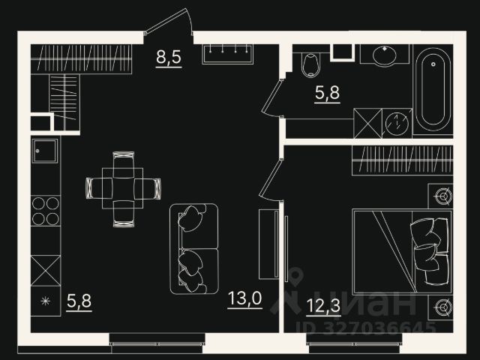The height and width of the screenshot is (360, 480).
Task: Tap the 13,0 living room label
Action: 244,299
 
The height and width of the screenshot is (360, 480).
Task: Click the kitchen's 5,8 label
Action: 79,302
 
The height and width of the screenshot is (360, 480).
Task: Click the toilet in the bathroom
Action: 309,65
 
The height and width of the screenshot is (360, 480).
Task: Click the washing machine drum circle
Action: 397,121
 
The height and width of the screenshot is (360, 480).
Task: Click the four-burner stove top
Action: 46,211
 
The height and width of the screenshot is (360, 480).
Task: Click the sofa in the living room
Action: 194,249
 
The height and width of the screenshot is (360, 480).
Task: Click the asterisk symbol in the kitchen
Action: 45,303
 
